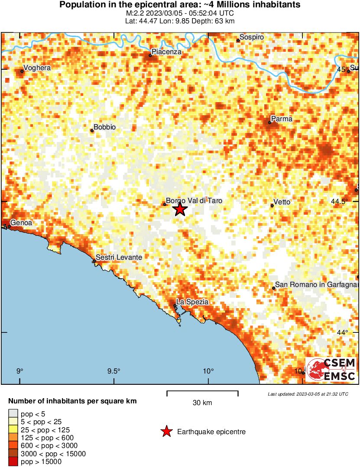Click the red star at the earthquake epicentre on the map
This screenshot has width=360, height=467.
coord(180,210)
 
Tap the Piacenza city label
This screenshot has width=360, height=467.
coord(166,52)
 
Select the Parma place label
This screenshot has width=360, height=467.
coord(282,119)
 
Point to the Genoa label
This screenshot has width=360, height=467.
coord(21,223)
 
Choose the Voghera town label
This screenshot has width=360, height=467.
coord(37,68)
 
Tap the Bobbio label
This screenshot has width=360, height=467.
coord(105,127)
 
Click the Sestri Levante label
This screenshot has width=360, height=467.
coord(119,258)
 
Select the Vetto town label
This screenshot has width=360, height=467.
coord(282,202)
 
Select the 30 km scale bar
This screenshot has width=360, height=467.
coord(202,393)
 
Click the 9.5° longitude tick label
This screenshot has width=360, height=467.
coord(114,371)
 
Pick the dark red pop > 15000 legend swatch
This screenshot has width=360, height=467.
coord(13,462)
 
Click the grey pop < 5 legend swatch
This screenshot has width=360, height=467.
coord(13,414)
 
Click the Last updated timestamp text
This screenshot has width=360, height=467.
coord(308,394)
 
